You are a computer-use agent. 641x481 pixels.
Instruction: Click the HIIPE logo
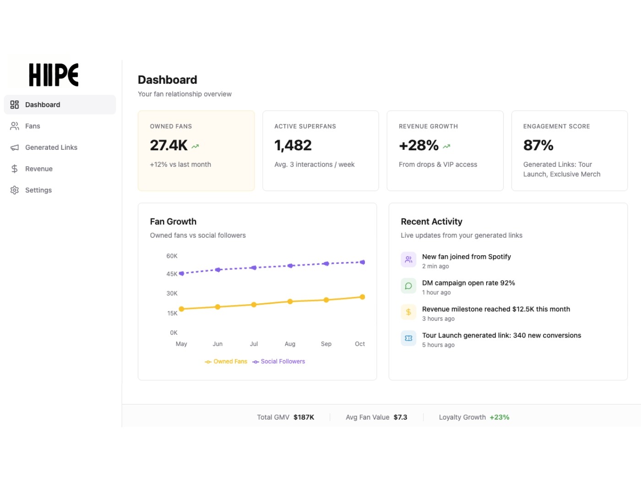point(54,75)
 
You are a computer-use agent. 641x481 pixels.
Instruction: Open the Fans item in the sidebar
point(32,126)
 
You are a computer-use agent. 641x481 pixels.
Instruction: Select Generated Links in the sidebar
point(51,148)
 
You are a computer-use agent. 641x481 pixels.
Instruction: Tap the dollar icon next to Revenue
point(15,169)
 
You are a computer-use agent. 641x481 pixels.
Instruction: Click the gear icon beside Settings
point(15,190)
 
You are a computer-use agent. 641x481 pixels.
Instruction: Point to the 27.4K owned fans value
point(168,145)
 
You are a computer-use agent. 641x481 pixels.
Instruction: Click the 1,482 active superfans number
point(293,145)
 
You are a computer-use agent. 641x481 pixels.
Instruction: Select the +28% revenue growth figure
point(418,145)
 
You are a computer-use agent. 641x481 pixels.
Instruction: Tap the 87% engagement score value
point(538,145)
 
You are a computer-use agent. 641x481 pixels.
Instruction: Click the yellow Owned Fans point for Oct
point(362,297)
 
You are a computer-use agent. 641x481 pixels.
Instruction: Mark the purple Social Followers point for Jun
point(218,270)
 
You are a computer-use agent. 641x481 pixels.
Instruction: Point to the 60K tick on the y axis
point(172,256)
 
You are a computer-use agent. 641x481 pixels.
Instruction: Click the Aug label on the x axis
point(290,344)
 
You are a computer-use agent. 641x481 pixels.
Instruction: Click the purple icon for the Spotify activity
point(408,259)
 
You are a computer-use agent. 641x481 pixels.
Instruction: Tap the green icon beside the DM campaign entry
point(408,286)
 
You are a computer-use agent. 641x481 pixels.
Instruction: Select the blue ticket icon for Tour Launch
point(408,338)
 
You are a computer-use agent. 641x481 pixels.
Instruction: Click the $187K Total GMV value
point(304,417)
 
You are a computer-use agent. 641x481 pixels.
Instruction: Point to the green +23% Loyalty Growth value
point(499,417)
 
